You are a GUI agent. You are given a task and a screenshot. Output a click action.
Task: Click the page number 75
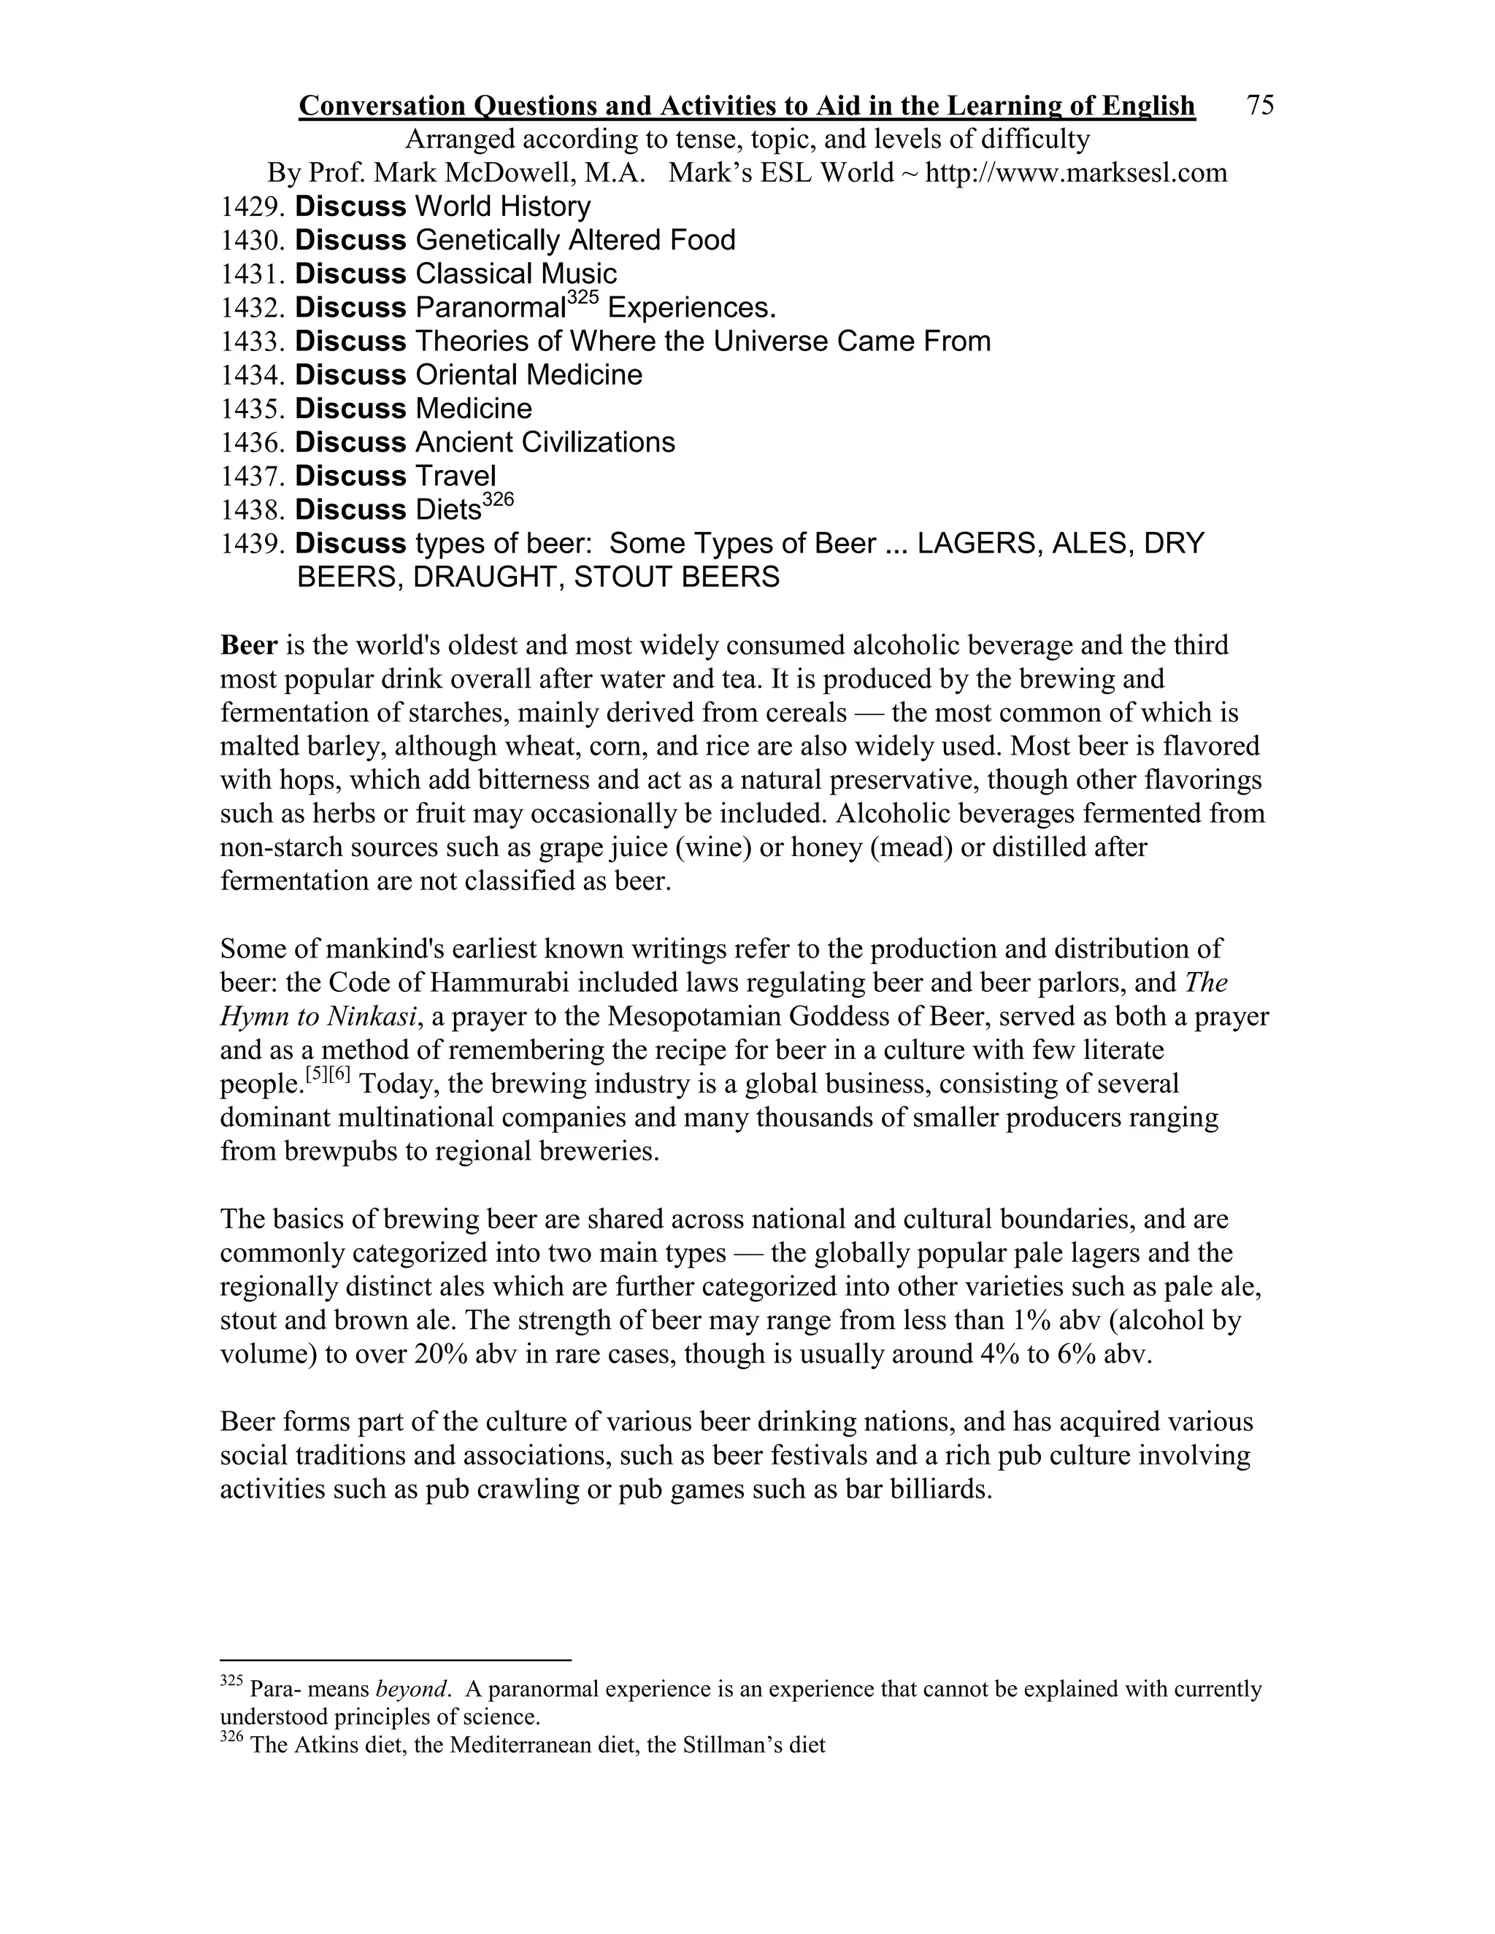(1259, 105)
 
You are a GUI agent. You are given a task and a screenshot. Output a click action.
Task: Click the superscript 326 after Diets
(499, 499)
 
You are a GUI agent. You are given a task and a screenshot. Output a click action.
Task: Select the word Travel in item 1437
(456, 476)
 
